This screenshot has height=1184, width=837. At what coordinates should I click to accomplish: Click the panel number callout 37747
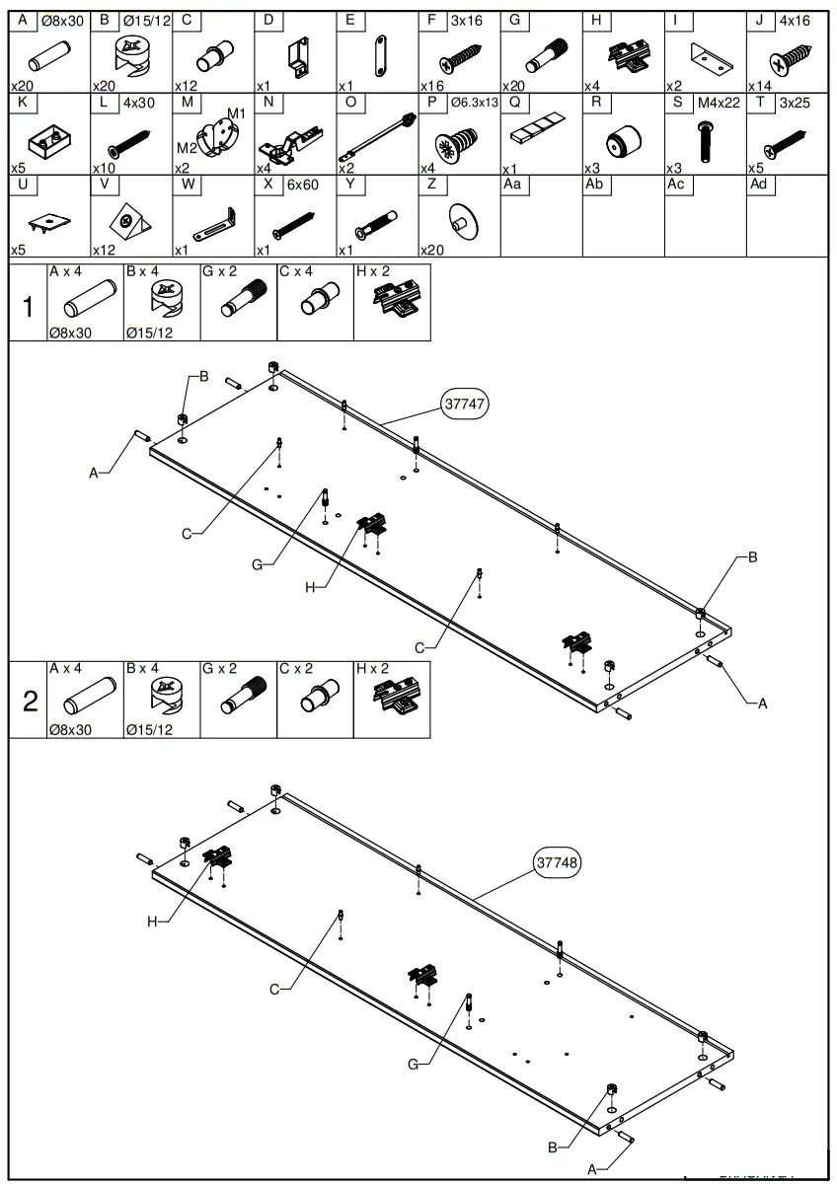point(465,404)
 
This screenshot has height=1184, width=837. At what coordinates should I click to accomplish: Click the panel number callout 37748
point(558,861)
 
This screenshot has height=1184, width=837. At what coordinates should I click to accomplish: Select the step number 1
point(28,308)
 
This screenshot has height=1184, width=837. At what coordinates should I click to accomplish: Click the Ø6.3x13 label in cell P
point(474,103)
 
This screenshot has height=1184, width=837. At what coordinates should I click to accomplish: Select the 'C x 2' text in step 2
point(295,668)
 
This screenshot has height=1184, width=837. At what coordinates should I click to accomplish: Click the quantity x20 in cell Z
point(430,250)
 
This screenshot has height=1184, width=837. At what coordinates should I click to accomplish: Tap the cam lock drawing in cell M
point(215,137)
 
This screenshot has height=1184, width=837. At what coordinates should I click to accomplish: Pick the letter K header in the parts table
point(22,102)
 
